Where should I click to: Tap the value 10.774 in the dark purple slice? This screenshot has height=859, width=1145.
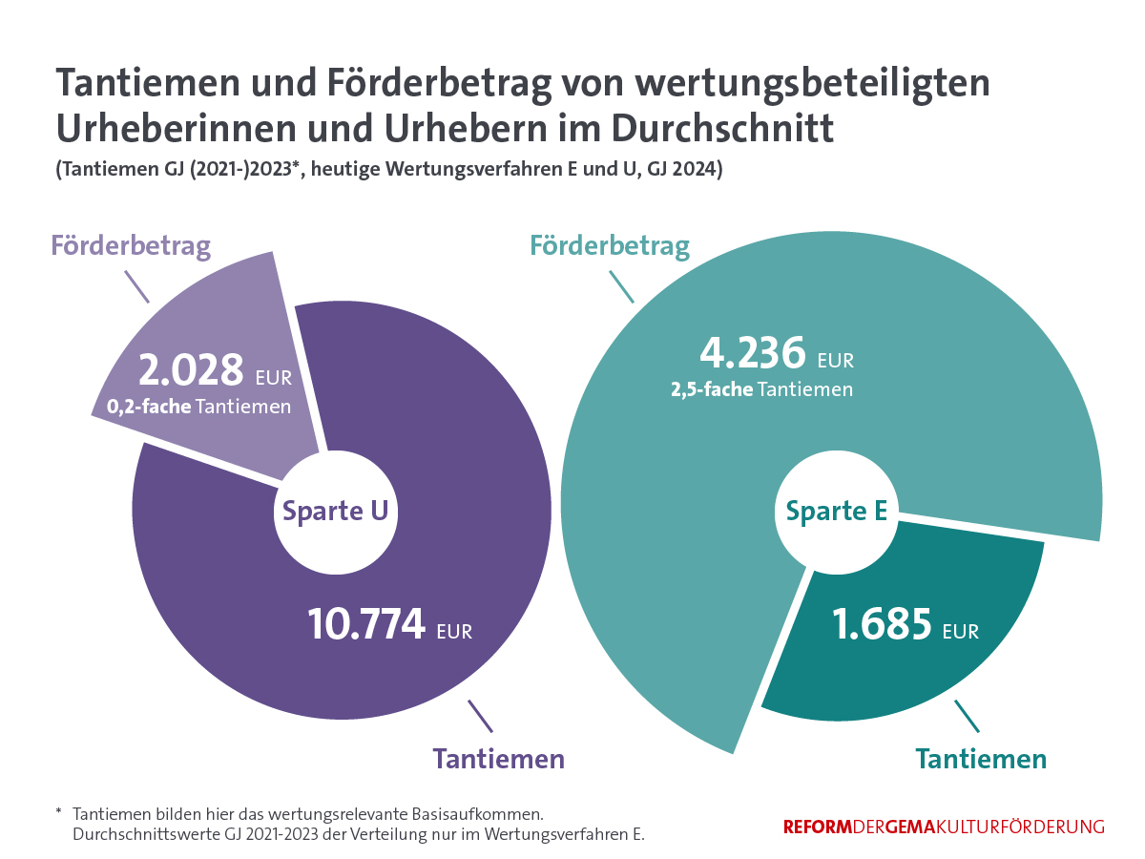(x=366, y=625)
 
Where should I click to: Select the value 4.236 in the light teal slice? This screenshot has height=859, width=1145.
(x=753, y=353)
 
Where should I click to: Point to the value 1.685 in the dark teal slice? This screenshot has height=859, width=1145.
(x=881, y=625)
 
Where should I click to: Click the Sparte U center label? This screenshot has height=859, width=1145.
(x=335, y=511)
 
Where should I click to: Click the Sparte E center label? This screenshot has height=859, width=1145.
(x=837, y=511)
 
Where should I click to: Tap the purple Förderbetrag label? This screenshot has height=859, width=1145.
(x=131, y=245)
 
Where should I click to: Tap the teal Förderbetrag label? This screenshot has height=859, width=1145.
(x=610, y=246)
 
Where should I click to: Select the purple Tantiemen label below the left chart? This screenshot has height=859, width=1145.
(x=499, y=759)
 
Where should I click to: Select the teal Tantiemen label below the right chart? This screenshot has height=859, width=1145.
(x=981, y=759)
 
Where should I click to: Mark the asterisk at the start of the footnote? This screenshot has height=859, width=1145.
(x=59, y=813)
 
